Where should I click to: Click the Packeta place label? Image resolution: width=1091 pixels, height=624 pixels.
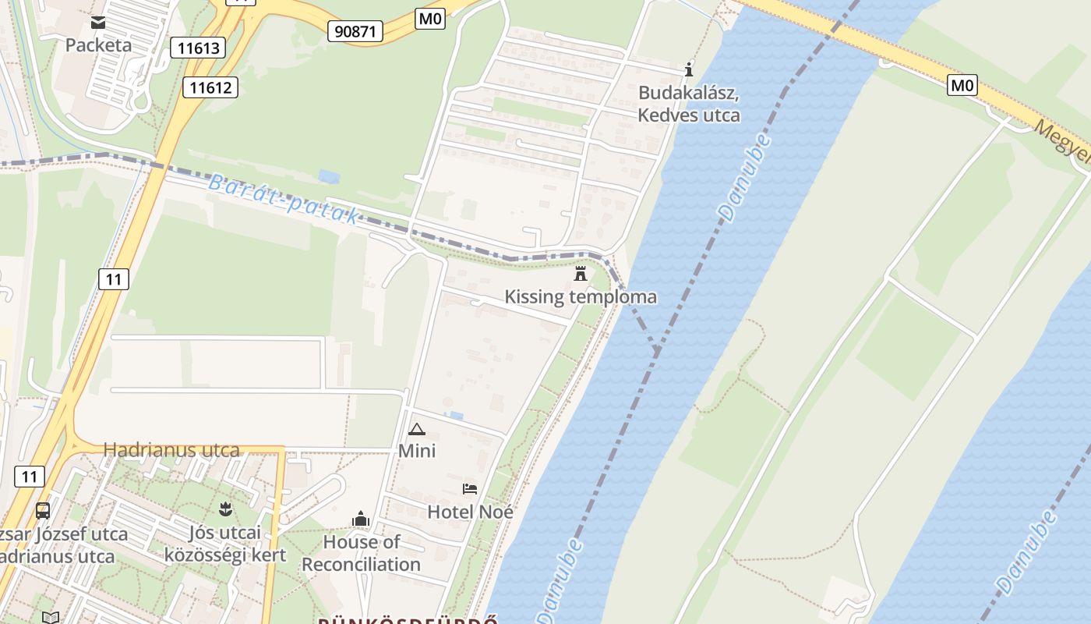(98, 45)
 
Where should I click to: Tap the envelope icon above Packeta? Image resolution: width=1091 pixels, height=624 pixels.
(98, 23)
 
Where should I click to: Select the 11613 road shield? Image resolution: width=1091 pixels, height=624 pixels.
(198, 48)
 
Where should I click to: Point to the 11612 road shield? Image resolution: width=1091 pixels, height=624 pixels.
(210, 87)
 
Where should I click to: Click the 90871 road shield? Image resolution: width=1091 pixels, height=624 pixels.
(355, 31)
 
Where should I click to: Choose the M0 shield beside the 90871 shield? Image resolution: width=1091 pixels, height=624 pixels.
(430, 19)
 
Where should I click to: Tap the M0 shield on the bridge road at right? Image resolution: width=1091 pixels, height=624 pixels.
(962, 84)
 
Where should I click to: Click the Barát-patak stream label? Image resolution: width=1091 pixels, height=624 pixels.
(284, 200)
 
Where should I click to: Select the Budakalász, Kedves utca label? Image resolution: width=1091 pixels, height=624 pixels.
(689, 104)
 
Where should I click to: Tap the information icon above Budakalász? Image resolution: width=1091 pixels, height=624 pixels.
(688, 70)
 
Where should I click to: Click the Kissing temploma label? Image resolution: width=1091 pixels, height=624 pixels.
(581, 297)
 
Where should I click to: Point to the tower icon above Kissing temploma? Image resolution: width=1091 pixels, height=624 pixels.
(581, 274)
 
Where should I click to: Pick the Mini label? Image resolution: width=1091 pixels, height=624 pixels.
(417, 451)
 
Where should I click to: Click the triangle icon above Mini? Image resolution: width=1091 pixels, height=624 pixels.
(417, 429)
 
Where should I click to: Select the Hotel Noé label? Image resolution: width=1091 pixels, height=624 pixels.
(470, 512)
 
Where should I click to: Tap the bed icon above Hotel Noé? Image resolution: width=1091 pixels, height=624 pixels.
(470, 489)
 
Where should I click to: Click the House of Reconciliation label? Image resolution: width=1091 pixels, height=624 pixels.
(361, 553)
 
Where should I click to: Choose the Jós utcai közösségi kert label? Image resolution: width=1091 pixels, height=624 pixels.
(225, 544)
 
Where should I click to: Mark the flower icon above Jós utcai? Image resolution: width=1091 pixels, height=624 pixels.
(225, 510)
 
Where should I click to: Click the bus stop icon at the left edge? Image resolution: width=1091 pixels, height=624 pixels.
(43, 511)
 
